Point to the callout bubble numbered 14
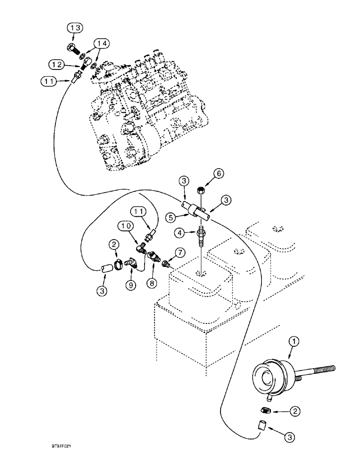pyautogui.click(x=103, y=44)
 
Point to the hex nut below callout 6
pyautogui.click(x=201, y=190)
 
